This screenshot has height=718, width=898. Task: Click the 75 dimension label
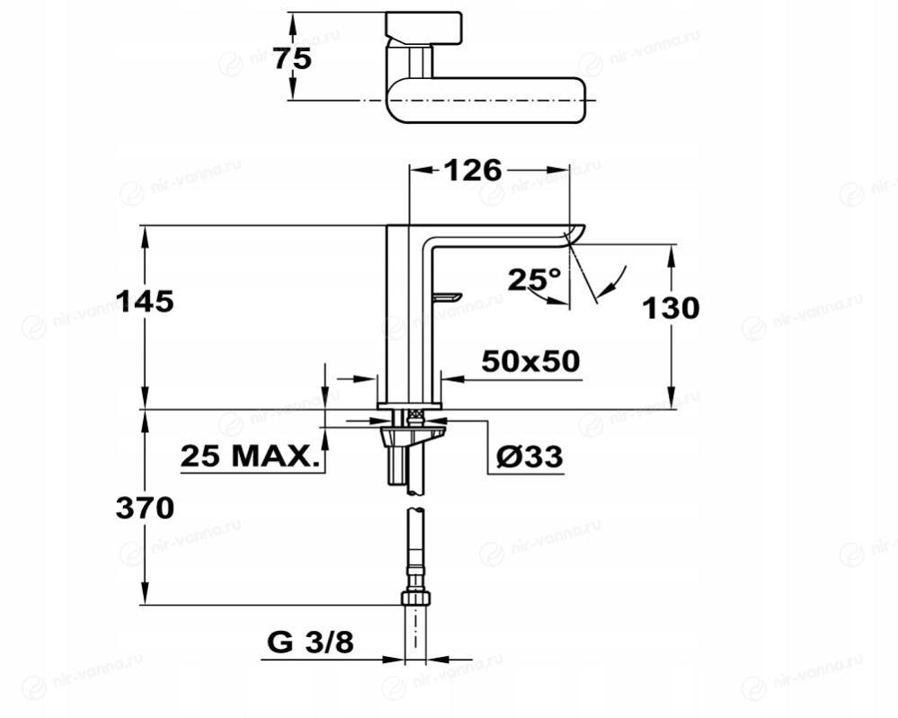pyautogui.click(x=292, y=58)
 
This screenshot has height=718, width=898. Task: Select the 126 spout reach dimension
pyautogui.click(x=473, y=170)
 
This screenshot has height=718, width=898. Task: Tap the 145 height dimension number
pyautogui.click(x=145, y=301)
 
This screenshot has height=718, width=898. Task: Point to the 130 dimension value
pyautogui.click(x=671, y=308)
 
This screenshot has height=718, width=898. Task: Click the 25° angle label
pyautogui.click(x=534, y=279)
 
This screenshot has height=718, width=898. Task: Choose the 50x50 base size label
pyautogui.click(x=530, y=361)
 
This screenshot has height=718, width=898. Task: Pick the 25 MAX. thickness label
pyautogui.click(x=250, y=457)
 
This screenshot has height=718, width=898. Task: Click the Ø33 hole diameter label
pyautogui.click(x=529, y=457)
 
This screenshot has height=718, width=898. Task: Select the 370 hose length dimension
pyautogui.click(x=145, y=508)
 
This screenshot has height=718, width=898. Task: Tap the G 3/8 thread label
pyautogui.click(x=310, y=643)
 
